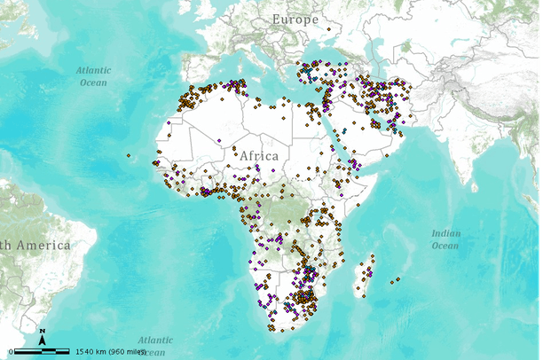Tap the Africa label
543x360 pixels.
pyautogui.click(x=258, y=156)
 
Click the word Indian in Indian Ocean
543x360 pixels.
pyautogui.click(x=446, y=233)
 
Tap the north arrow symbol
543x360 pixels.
pyautogui.click(x=42, y=337)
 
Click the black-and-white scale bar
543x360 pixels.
pyautogui.click(x=41, y=351)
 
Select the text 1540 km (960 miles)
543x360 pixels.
pyautogui.click(x=110, y=351)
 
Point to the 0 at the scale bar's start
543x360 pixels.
pyautogui.click(x=11, y=351)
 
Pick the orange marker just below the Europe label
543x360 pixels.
pyautogui.click(x=329, y=29)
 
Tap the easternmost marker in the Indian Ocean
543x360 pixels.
pyautogui.click(x=397, y=280)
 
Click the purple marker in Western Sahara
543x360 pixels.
pyautogui.click(x=169, y=122)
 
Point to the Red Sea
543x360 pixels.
pyautogui.click(x=341, y=133)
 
